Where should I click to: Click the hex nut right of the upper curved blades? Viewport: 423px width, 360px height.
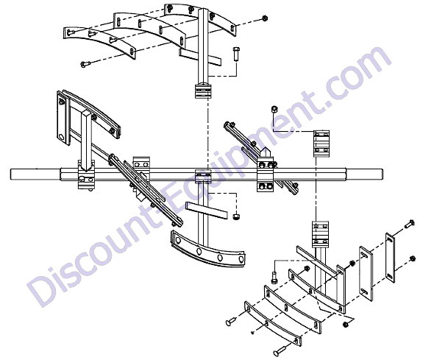pyautogui.click(x=265, y=18)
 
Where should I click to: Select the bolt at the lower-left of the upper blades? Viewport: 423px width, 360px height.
pyautogui.click(x=85, y=64)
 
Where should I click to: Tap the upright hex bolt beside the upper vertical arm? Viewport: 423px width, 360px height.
pyautogui.click(x=236, y=54)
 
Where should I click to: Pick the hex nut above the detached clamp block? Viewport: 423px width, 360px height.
pyautogui.click(x=274, y=110)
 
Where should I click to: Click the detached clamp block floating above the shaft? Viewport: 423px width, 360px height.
pyautogui.click(x=321, y=144)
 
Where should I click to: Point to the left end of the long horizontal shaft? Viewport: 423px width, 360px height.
pyautogui.click(x=11, y=174)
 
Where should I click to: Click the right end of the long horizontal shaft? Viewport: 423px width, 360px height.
pyautogui.click(x=382, y=174)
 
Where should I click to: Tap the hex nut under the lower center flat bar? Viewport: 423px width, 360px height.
pyautogui.click(x=236, y=217)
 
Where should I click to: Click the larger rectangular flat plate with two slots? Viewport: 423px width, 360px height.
pyautogui.click(x=366, y=273)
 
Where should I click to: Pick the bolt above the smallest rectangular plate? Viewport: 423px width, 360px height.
pyautogui.click(x=410, y=224)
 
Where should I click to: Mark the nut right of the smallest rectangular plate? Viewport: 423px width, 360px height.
pyautogui.click(x=412, y=258)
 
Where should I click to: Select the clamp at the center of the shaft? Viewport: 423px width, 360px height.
pyautogui.click(x=202, y=176)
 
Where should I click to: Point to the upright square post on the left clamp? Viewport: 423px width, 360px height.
pyautogui.click(x=86, y=141)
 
